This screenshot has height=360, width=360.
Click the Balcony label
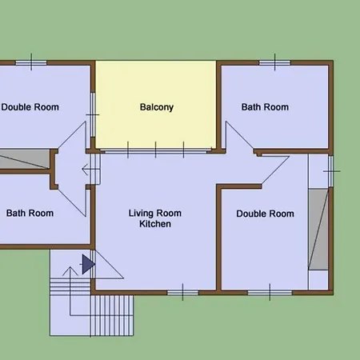157,107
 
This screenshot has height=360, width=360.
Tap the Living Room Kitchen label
155,218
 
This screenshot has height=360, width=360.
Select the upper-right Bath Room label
265,107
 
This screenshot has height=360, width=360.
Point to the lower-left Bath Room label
30,214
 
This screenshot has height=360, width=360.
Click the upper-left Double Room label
30,107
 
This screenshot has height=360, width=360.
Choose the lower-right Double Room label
265,214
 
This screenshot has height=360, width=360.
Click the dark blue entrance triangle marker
88,264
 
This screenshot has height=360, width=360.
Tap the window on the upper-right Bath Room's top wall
275,63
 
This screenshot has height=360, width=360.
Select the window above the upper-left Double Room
31,63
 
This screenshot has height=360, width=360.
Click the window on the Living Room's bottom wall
182,293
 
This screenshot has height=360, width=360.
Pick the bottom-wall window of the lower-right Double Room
270,293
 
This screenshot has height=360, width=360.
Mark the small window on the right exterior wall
330,171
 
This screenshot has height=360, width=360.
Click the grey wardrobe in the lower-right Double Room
318,230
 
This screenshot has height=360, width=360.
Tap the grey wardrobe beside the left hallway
25,159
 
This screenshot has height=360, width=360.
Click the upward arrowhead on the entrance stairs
70,271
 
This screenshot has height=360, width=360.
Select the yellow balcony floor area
156,105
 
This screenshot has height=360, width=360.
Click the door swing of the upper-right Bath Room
239,135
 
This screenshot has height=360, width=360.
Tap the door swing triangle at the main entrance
109,265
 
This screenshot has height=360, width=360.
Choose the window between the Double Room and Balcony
93,115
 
